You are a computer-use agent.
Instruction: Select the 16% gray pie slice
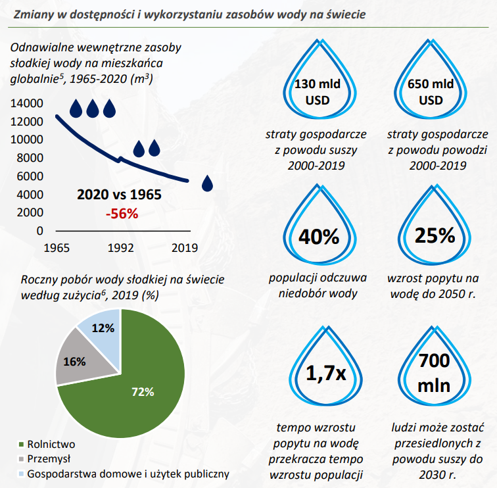75,361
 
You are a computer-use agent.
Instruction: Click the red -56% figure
122,214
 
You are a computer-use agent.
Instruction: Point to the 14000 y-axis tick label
28,103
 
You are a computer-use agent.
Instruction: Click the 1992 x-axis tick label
120,249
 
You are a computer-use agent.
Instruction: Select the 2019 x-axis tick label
185,249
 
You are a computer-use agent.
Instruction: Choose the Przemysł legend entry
49,458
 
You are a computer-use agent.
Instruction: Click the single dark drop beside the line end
208,183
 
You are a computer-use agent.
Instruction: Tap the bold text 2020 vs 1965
119,195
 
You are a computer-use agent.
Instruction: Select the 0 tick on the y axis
39,231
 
